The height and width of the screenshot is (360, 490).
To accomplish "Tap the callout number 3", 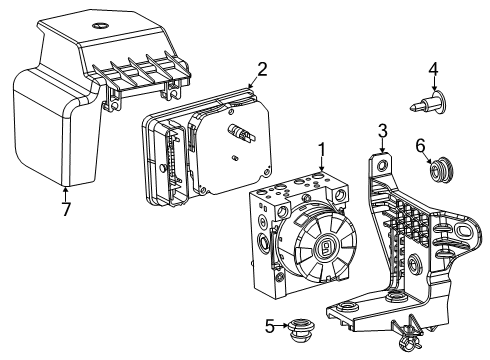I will click(x=382, y=130).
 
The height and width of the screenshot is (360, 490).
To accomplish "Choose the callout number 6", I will click(x=421, y=144).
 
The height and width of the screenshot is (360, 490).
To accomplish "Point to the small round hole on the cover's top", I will click(x=99, y=23).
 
